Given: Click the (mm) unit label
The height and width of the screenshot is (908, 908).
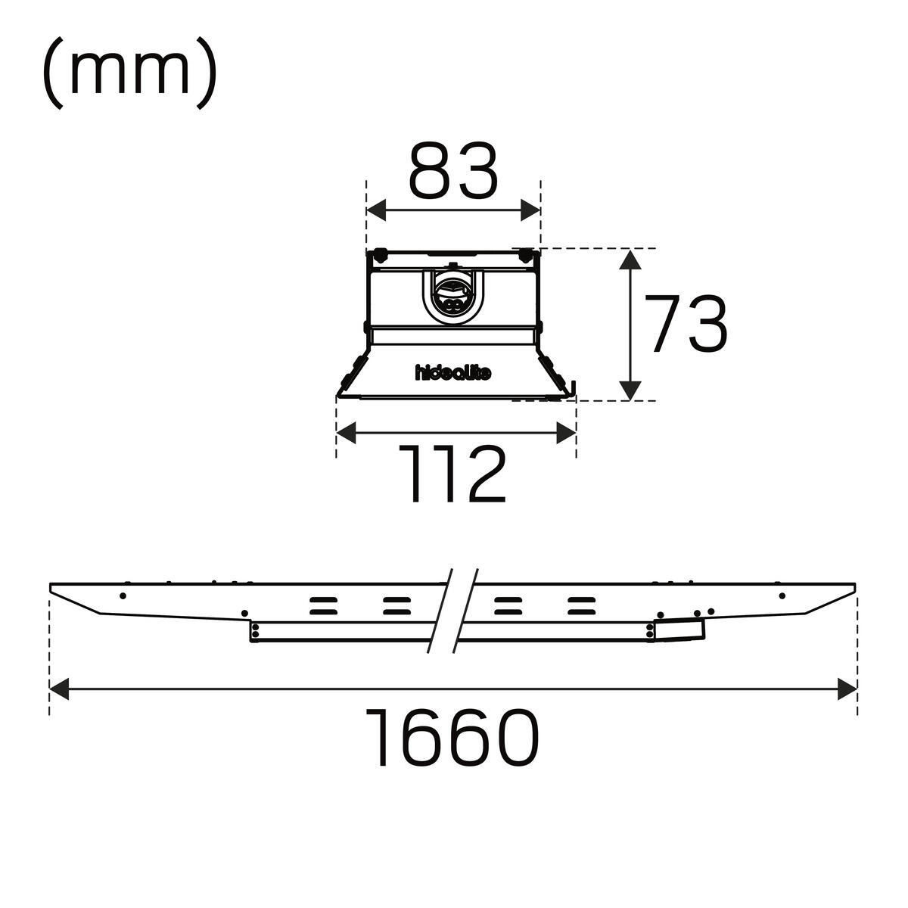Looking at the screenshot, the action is tap(130, 73).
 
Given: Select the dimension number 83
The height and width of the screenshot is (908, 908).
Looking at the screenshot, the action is tap(452, 169).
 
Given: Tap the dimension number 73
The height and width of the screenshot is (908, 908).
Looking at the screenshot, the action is tap(686, 324).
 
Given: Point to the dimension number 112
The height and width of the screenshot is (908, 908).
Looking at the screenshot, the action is tap(452, 474).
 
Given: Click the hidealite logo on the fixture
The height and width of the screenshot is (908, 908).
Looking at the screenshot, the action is tap(453, 373).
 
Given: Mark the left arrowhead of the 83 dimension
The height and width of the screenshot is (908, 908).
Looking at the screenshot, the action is tap(376, 210).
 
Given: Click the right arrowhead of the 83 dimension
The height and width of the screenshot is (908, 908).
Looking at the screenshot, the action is tap(530, 210).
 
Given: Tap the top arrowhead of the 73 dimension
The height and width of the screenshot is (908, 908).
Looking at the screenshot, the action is tap(630, 260).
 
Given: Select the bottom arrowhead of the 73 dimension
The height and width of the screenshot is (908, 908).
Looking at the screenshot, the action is tap(630, 390).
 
